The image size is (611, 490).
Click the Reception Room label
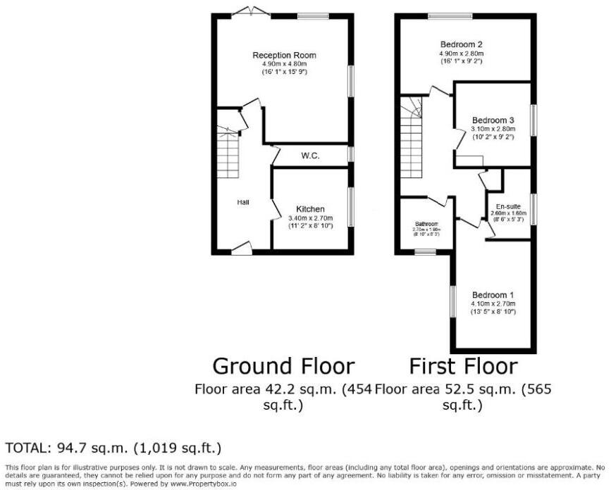(285, 55)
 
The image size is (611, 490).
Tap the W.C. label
(310, 156)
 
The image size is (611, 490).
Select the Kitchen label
(310, 209)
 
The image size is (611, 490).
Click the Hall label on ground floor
(242, 202)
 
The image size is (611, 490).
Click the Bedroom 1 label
(493, 294)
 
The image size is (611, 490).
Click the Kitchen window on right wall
(350, 207)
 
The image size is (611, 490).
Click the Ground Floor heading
(283, 366)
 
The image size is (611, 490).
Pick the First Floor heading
(463, 366)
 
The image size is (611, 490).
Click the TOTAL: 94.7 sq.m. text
(113, 448)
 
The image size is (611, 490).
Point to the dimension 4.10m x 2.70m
(493, 303)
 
